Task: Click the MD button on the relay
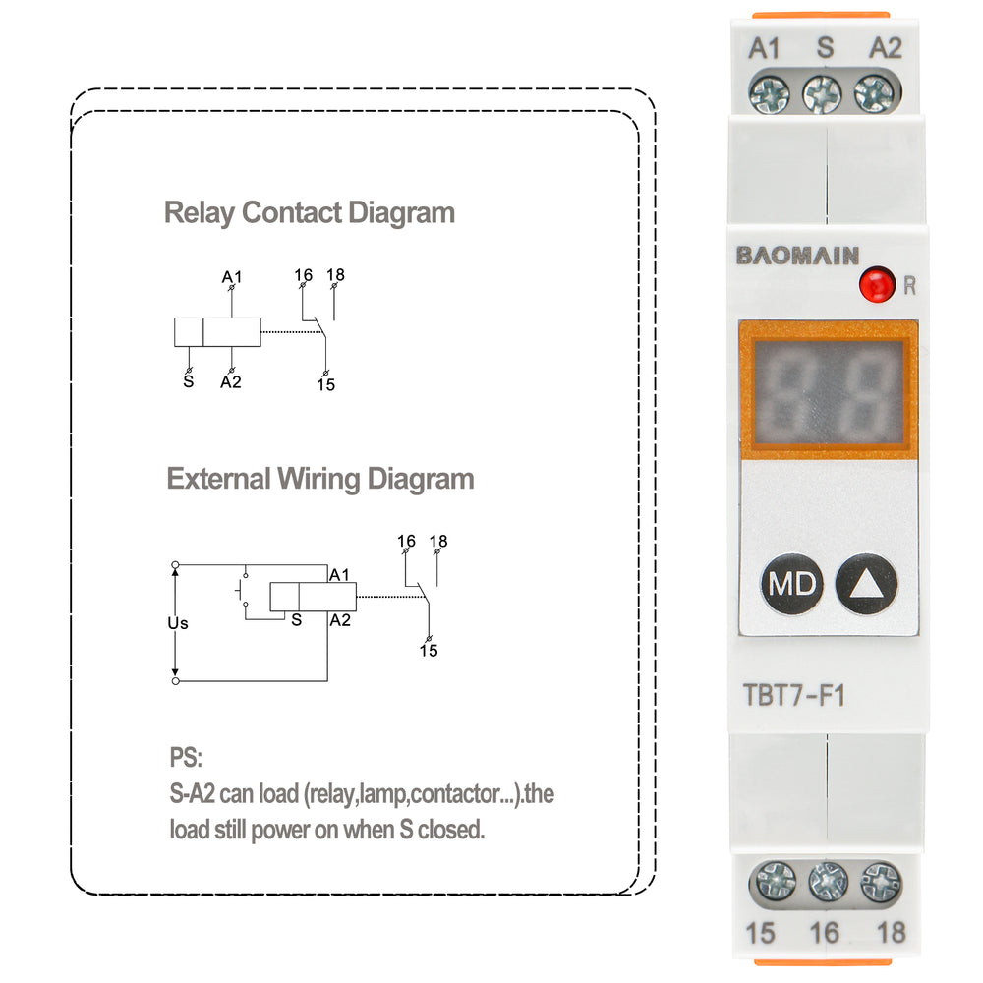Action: tap(791, 585)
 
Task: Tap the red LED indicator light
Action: tap(873, 286)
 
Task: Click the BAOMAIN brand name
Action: tap(798, 256)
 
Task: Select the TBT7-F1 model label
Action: tap(794, 696)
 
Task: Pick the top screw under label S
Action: tap(822, 94)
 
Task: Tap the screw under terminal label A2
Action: tap(874, 94)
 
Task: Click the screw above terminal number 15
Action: tap(773, 881)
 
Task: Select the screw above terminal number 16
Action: tap(828, 882)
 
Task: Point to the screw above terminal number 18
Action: tap(880, 882)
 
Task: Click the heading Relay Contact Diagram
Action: tap(309, 212)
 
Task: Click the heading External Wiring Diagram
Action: tap(319, 479)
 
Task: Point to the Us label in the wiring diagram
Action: tap(177, 623)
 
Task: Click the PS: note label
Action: tap(185, 758)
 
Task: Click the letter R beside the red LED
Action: tap(909, 287)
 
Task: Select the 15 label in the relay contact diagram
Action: tap(325, 384)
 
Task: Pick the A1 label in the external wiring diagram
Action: tap(340, 574)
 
